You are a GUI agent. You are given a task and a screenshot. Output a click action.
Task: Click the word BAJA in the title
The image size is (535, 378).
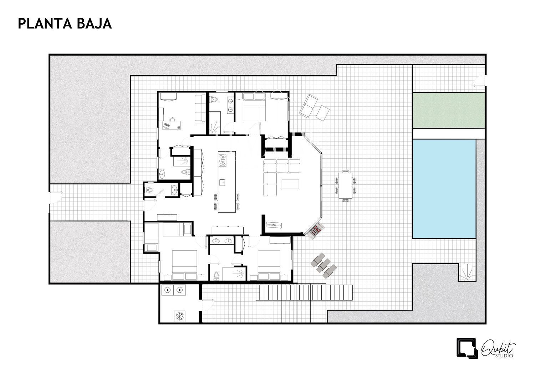tap(95, 24)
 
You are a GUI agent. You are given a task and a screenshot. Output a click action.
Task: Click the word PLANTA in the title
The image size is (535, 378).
tap(45, 24)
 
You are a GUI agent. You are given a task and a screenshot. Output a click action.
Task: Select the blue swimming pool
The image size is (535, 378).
tap(444, 189)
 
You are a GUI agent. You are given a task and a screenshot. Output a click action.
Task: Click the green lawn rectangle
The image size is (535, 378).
tap(448, 110)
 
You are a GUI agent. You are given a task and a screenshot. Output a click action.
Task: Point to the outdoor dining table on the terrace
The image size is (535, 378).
tap(345, 185)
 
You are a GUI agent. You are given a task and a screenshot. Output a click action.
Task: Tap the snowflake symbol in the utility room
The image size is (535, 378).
tap(179, 316)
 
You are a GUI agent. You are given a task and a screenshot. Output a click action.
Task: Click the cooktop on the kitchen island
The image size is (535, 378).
tap(222, 160)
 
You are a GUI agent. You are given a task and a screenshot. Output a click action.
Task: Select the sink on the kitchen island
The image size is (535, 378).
tap(222, 182)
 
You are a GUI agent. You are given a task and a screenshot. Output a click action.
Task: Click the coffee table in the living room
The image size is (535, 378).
tap(290, 184)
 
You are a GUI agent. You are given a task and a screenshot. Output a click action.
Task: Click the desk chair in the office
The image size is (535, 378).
tap(172, 119)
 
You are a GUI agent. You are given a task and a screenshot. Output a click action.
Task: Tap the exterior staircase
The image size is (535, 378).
tap(304, 292)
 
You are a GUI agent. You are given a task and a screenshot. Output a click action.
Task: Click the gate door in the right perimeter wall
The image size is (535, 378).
tap(479, 81)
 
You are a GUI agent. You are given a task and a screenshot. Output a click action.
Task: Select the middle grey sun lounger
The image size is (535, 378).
tap(323, 265)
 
